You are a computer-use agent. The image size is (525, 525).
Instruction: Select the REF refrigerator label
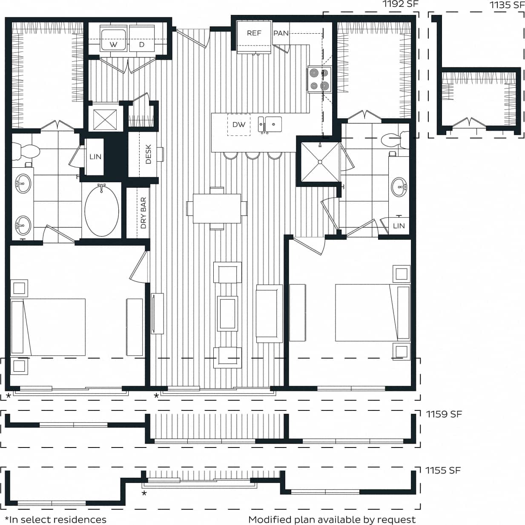click(x=254, y=33)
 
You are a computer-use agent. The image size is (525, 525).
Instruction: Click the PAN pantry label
click(x=281, y=33)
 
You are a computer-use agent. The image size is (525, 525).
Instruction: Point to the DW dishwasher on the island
click(x=239, y=125)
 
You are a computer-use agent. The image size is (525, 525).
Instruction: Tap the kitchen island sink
click(x=270, y=125)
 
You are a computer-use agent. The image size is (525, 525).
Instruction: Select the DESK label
click(x=148, y=154)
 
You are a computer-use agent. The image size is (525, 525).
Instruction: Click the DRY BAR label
click(x=143, y=213)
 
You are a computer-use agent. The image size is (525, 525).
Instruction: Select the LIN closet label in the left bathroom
click(x=95, y=157)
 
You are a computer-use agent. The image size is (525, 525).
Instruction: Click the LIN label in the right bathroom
click(x=399, y=226)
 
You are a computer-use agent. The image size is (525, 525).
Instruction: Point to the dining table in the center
click(x=217, y=209)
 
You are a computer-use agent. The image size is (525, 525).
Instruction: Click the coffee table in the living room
click(x=227, y=313)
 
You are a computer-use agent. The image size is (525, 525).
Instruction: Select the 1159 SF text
click(x=444, y=414)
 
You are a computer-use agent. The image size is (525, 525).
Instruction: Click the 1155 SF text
click(x=443, y=470)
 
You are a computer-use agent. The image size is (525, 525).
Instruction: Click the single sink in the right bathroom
click(x=399, y=186)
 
